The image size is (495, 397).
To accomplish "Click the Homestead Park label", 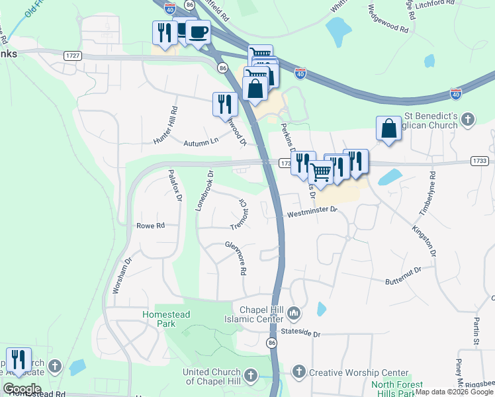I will [167, 319].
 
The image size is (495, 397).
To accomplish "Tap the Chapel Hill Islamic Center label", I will [256, 316].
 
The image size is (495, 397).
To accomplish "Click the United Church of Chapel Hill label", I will [212, 376].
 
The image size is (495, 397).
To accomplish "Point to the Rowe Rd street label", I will [150, 226].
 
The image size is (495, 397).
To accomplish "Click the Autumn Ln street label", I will [202, 141].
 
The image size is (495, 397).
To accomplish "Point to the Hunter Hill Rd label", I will [165, 126].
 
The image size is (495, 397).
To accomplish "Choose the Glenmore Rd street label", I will [236, 258].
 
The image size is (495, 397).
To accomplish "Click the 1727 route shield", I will [73, 56].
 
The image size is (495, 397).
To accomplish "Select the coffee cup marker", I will [198, 32].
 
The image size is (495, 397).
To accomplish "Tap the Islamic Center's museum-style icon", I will [294, 312].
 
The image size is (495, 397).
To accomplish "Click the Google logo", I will [21, 389].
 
